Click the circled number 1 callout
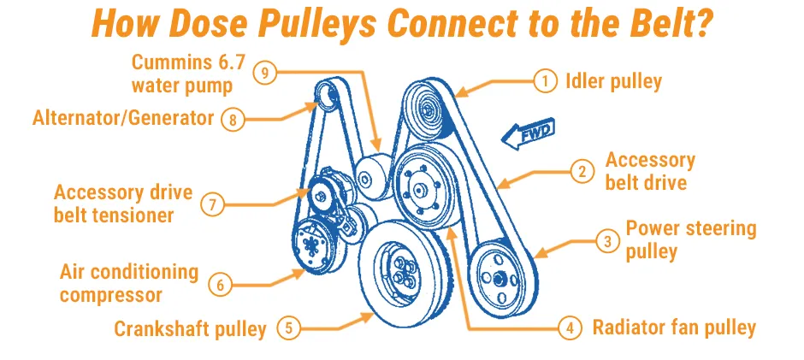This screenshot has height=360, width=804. point(545,81)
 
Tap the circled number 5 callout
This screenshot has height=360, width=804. point(289,328)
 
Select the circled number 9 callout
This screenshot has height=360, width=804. point(264,73)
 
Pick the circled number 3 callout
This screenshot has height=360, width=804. point(607,241)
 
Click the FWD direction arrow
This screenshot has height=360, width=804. point(528,134)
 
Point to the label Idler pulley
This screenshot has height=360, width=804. point(614,81)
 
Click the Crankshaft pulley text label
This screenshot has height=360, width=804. point(190,328)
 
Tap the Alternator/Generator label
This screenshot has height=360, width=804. point(123,118)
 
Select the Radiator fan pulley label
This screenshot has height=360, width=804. point(674,328)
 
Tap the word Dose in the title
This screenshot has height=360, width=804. point(210,24)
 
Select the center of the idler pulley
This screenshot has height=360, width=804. point(428,109)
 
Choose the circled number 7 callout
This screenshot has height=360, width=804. point(212,204)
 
